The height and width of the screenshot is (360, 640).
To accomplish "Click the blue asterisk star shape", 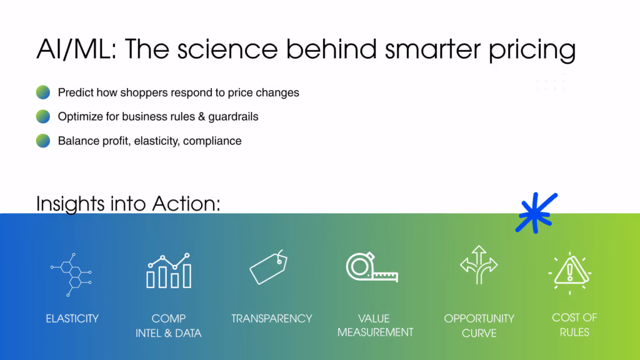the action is [x=536, y=213].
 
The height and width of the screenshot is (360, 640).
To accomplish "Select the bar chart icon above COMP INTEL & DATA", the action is [x=169, y=271].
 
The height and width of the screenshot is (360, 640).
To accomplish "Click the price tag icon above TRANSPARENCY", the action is [x=268, y=267].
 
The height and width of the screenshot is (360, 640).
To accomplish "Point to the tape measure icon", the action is [x=372, y=267].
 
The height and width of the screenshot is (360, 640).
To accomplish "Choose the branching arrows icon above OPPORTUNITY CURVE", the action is [x=479, y=264].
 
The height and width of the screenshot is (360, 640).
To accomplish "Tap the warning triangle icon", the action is [x=570, y=272].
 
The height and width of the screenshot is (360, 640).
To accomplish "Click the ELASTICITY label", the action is [x=72, y=318].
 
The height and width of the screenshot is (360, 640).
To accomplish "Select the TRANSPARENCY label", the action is [x=271, y=318].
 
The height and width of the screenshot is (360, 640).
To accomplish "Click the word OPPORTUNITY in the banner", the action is [x=479, y=318].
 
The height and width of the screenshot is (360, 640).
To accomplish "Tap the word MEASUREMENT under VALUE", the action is [x=375, y=332].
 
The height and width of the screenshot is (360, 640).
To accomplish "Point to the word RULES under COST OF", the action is [x=574, y=332].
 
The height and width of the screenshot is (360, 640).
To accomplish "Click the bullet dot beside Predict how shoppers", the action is [x=43, y=92].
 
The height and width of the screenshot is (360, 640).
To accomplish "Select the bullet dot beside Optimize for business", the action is [x=43, y=116].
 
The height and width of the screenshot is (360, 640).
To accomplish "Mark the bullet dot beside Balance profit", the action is [x=43, y=141].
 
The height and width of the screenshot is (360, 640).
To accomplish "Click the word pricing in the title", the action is [x=532, y=49].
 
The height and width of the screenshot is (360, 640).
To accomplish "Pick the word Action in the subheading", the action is [x=186, y=203].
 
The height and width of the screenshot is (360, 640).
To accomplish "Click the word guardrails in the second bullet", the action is [x=233, y=117].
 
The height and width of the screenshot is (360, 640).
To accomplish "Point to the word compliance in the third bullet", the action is [x=212, y=141].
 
